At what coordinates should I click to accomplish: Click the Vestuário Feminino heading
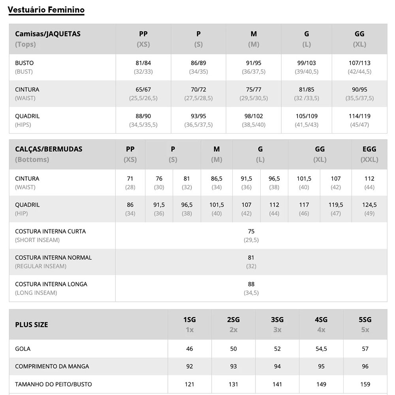46,10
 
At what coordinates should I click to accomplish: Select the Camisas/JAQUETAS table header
47,34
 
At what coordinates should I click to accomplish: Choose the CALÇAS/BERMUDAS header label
49,149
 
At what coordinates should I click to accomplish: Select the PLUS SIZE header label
32,325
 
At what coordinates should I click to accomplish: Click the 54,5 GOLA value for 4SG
321,349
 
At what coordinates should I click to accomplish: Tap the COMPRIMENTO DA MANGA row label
52,366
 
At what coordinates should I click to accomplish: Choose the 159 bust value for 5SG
365,384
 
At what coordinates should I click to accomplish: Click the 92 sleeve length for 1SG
190,366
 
